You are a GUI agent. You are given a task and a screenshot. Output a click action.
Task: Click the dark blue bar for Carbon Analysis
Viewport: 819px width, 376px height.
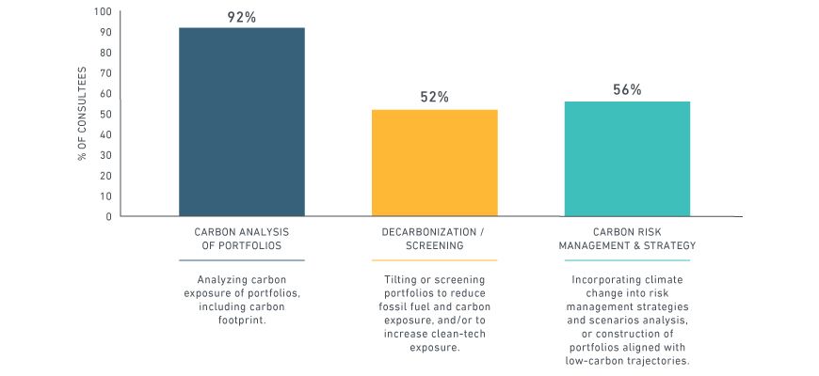coord(242,122)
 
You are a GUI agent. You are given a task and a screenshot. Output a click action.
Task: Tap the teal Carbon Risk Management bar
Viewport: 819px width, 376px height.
coord(627,159)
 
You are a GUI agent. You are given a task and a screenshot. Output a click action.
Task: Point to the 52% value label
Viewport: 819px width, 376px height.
coord(434,97)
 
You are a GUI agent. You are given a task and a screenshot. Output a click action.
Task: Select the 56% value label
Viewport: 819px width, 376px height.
coord(627,89)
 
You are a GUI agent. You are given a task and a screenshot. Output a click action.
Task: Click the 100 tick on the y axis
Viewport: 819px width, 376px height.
coord(102,12)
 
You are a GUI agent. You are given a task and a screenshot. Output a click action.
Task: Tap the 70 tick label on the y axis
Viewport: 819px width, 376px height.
coord(104,73)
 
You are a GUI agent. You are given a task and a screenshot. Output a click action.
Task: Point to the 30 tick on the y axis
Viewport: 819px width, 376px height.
coord(104,155)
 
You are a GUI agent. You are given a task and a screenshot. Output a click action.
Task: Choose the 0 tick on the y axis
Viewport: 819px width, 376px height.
coord(108,216)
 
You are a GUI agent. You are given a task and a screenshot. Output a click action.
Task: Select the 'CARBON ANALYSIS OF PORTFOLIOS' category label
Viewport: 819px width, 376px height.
coord(242,239)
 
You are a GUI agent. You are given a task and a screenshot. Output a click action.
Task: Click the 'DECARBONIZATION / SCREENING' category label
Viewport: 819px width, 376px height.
coord(434,239)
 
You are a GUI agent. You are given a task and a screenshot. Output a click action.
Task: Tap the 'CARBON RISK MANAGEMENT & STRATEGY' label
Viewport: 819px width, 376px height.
coord(627,239)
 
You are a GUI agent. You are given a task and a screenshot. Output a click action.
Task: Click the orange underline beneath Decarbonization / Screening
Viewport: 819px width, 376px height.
coord(434,260)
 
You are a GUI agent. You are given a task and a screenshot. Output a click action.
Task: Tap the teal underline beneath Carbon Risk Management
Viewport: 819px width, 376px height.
coord(627,260)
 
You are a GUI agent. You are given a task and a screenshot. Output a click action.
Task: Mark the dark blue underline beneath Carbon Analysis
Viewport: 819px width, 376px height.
coord(242,260)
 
